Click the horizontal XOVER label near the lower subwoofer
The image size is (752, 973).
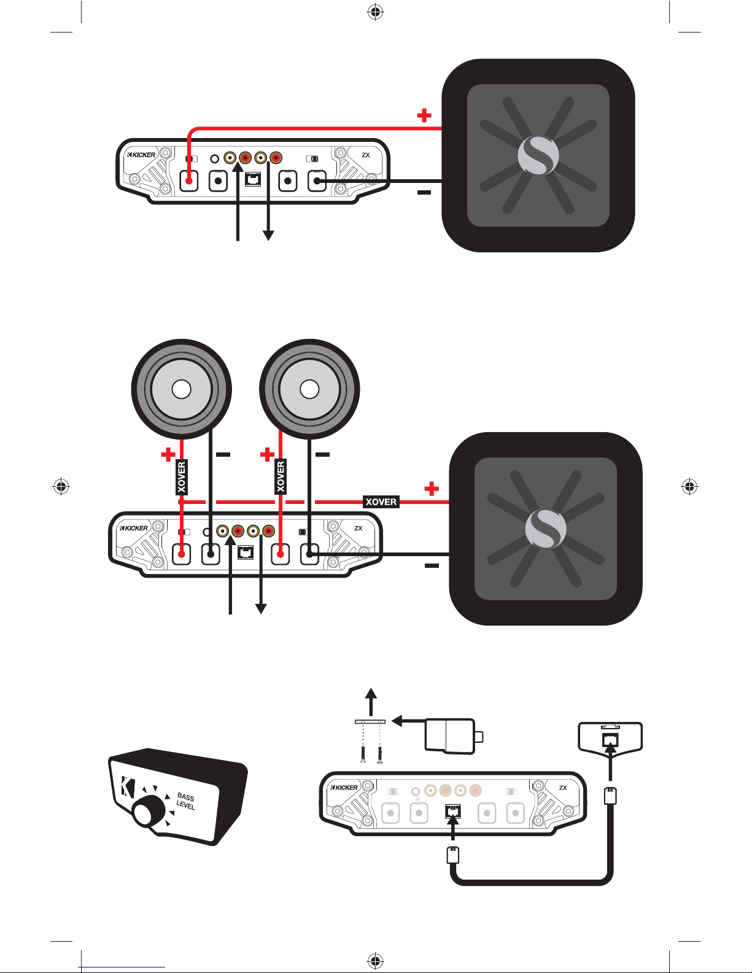point(381,502)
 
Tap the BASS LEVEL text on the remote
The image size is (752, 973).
point(185,801)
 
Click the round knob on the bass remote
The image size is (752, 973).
point(145,812)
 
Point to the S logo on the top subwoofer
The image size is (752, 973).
point(538,155)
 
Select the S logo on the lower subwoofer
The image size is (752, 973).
point(546,529)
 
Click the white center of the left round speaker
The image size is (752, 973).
point(181,389)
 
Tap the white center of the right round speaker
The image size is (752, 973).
point(309,389)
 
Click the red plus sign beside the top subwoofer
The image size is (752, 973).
point(424,115)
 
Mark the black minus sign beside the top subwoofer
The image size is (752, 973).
point(424,193)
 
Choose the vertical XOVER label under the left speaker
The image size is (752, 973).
point(181,477)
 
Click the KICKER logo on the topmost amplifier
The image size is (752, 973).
point(142,155)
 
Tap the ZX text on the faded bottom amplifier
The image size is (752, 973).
point(563,788)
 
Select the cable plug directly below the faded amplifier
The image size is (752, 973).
point(453,855)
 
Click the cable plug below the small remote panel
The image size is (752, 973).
point(611,796)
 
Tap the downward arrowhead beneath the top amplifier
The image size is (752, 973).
point(268,235)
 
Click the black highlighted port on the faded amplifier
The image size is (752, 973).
point(452,812)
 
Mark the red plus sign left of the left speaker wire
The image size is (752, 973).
point(168,454)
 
